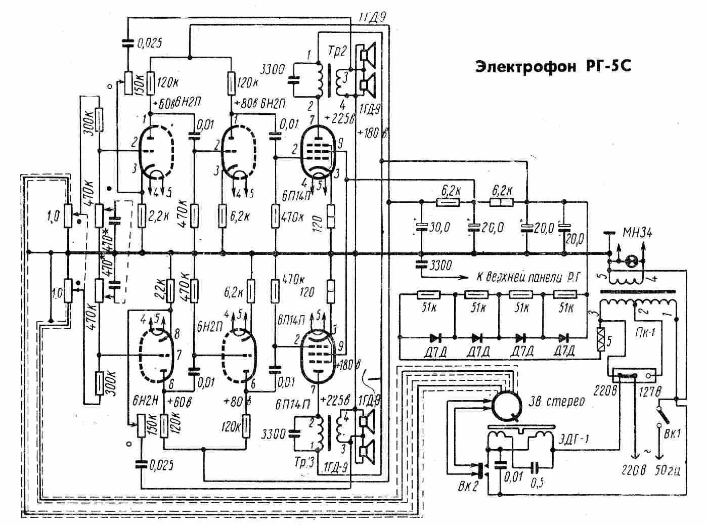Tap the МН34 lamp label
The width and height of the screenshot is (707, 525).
click(636, 233)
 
